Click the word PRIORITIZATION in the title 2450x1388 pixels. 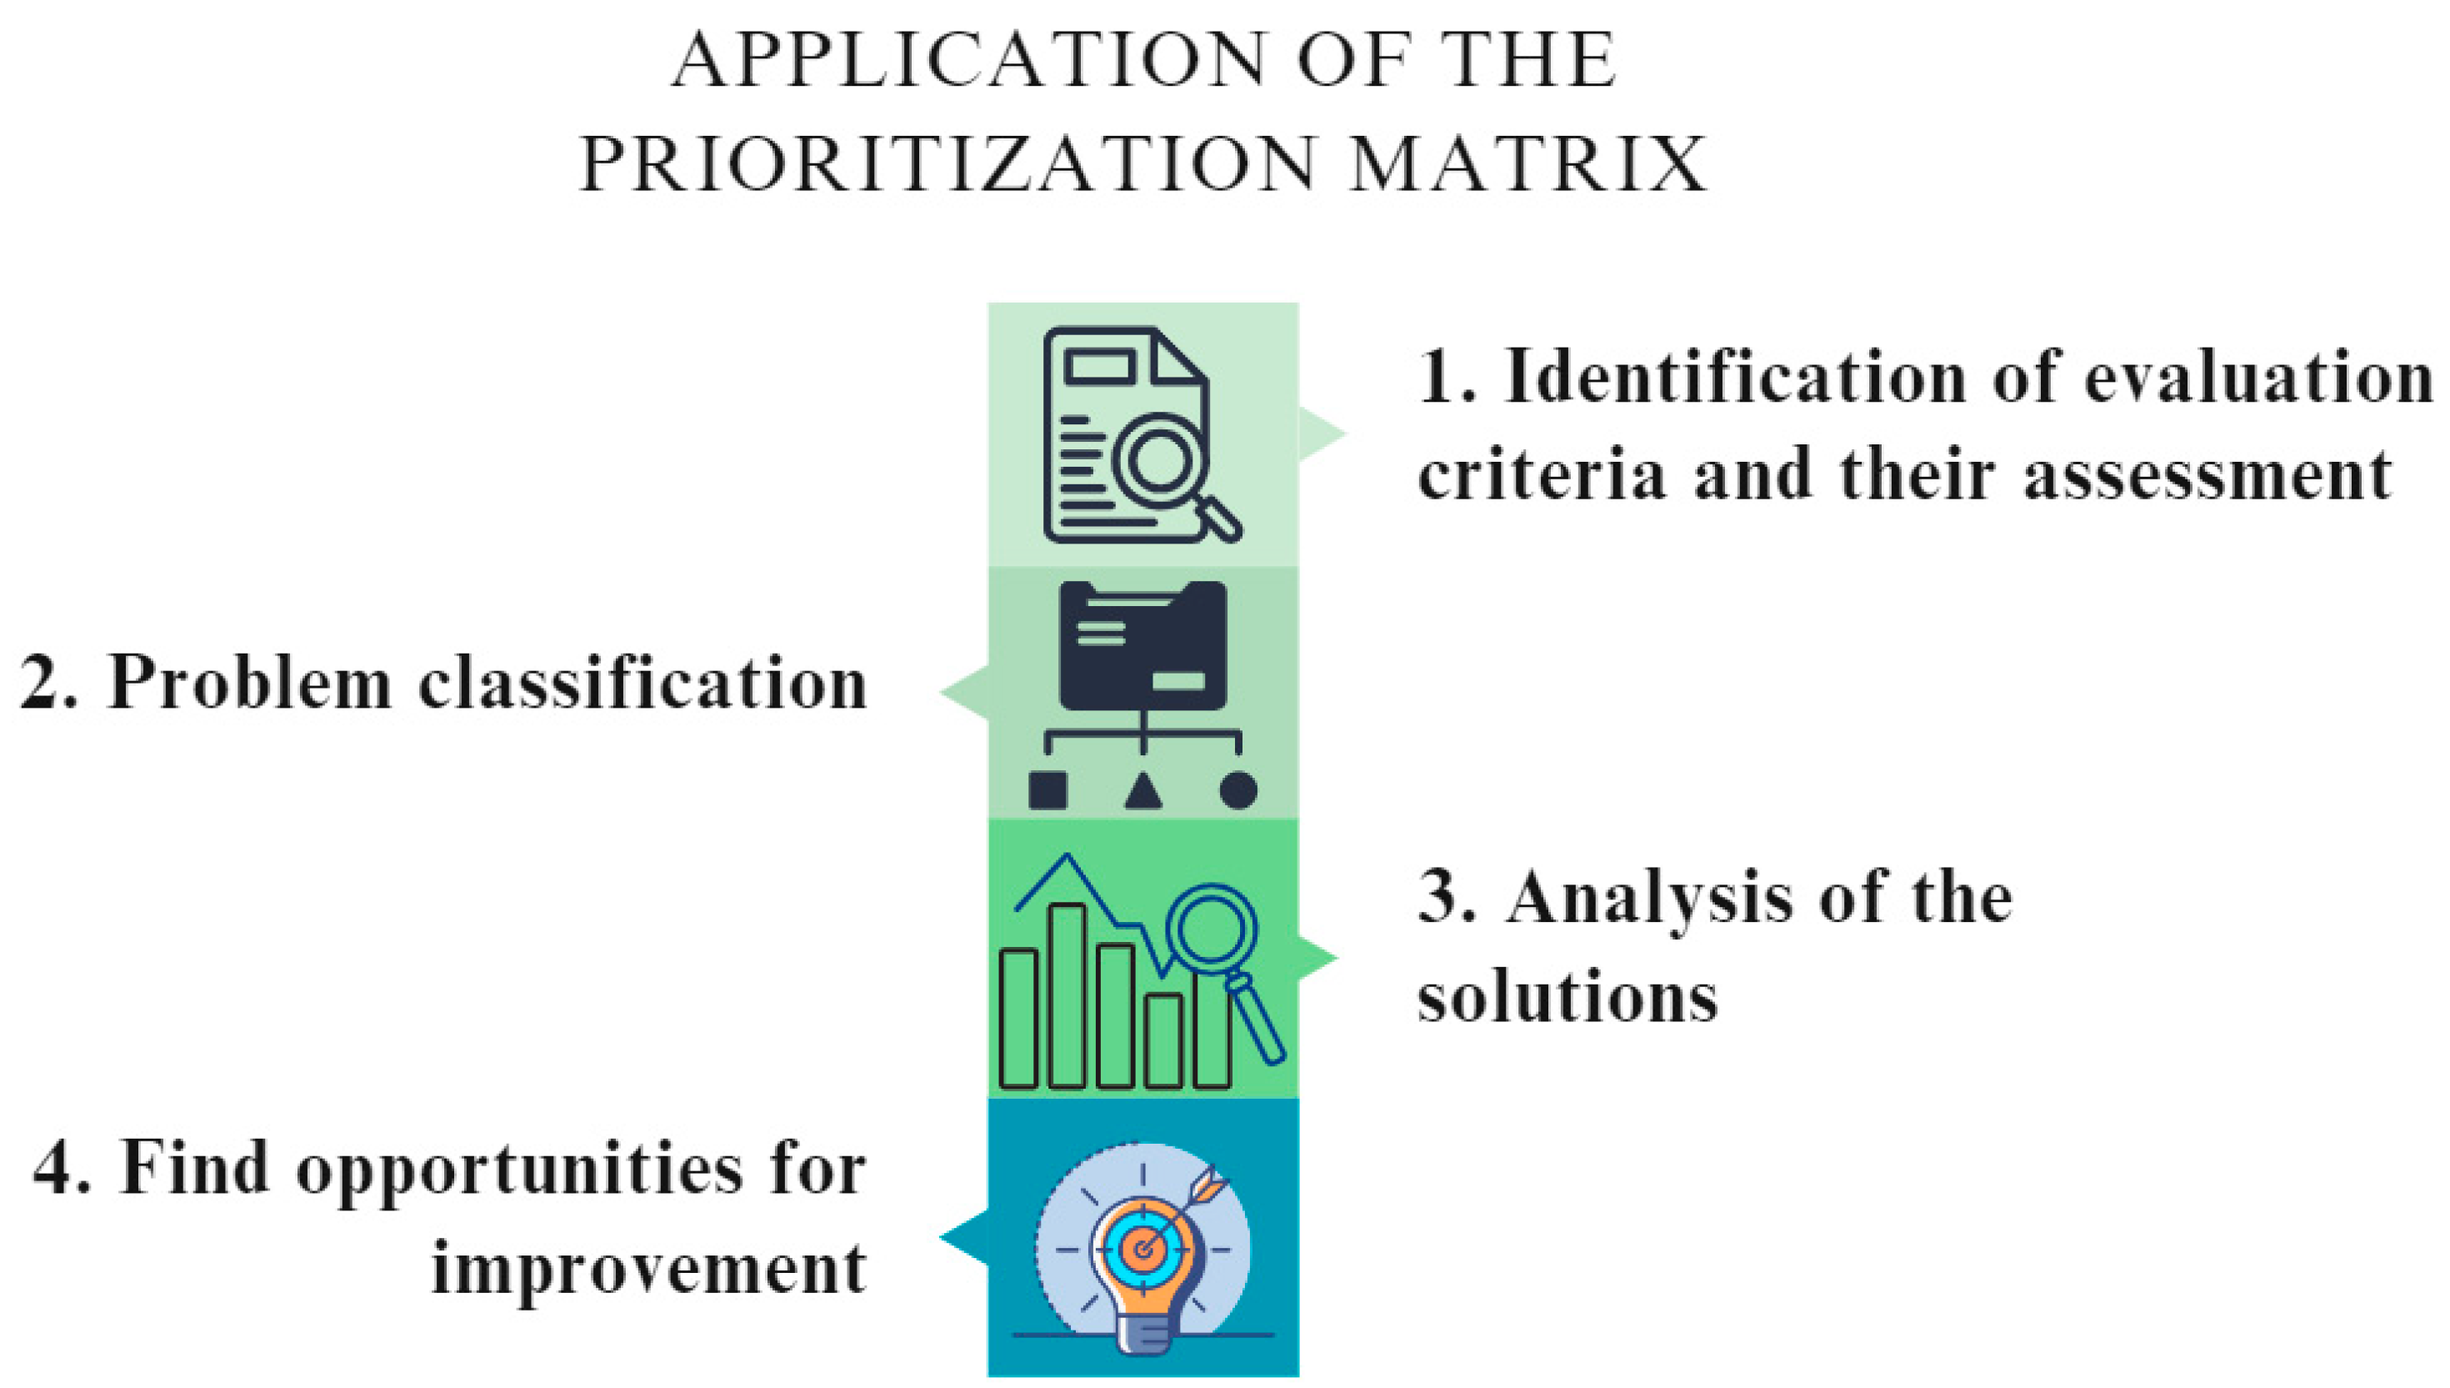click(x=947, y=164)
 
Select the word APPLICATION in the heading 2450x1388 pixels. click(x=968, y=59)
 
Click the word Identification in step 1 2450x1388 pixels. click(x=1734, y=378)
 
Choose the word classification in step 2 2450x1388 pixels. click(x=642, y=683)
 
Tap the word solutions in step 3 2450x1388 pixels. click(x=1567, y=998)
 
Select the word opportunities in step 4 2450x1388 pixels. click(x=519, y=1170)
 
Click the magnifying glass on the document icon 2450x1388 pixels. click(x=1160, y=461)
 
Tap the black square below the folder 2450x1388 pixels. click(x=1047, y=790)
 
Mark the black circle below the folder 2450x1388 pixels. click(x=1237, y=790)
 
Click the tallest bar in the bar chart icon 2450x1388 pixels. click(x=1067, y=995)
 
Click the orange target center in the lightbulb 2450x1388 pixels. click(x=1142, y=1248)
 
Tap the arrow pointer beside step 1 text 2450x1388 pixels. click(x=1322, y=433)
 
